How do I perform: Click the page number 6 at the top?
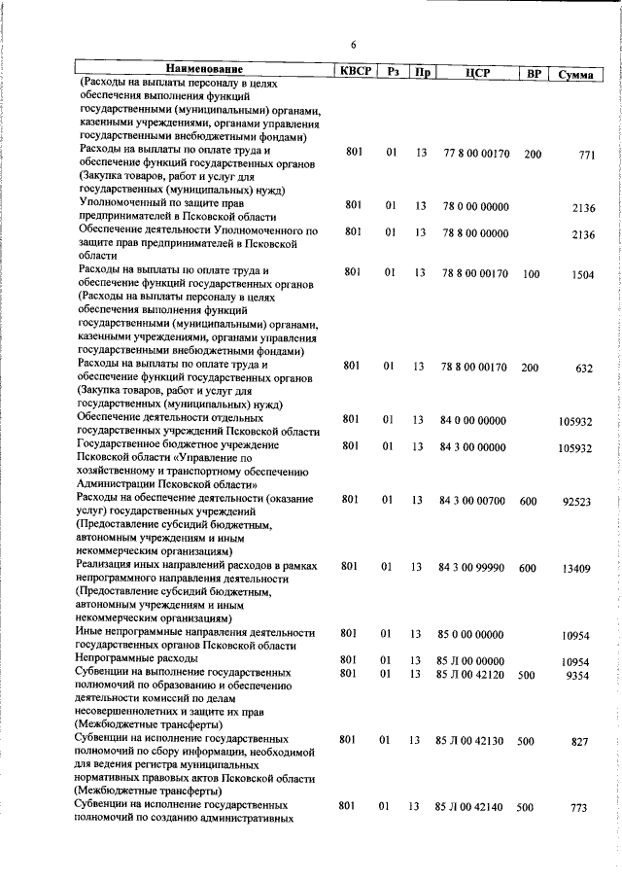click(x=355, y=43)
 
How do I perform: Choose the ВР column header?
click(x=533, y=72)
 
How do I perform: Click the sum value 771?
click(x=585, y=156)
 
